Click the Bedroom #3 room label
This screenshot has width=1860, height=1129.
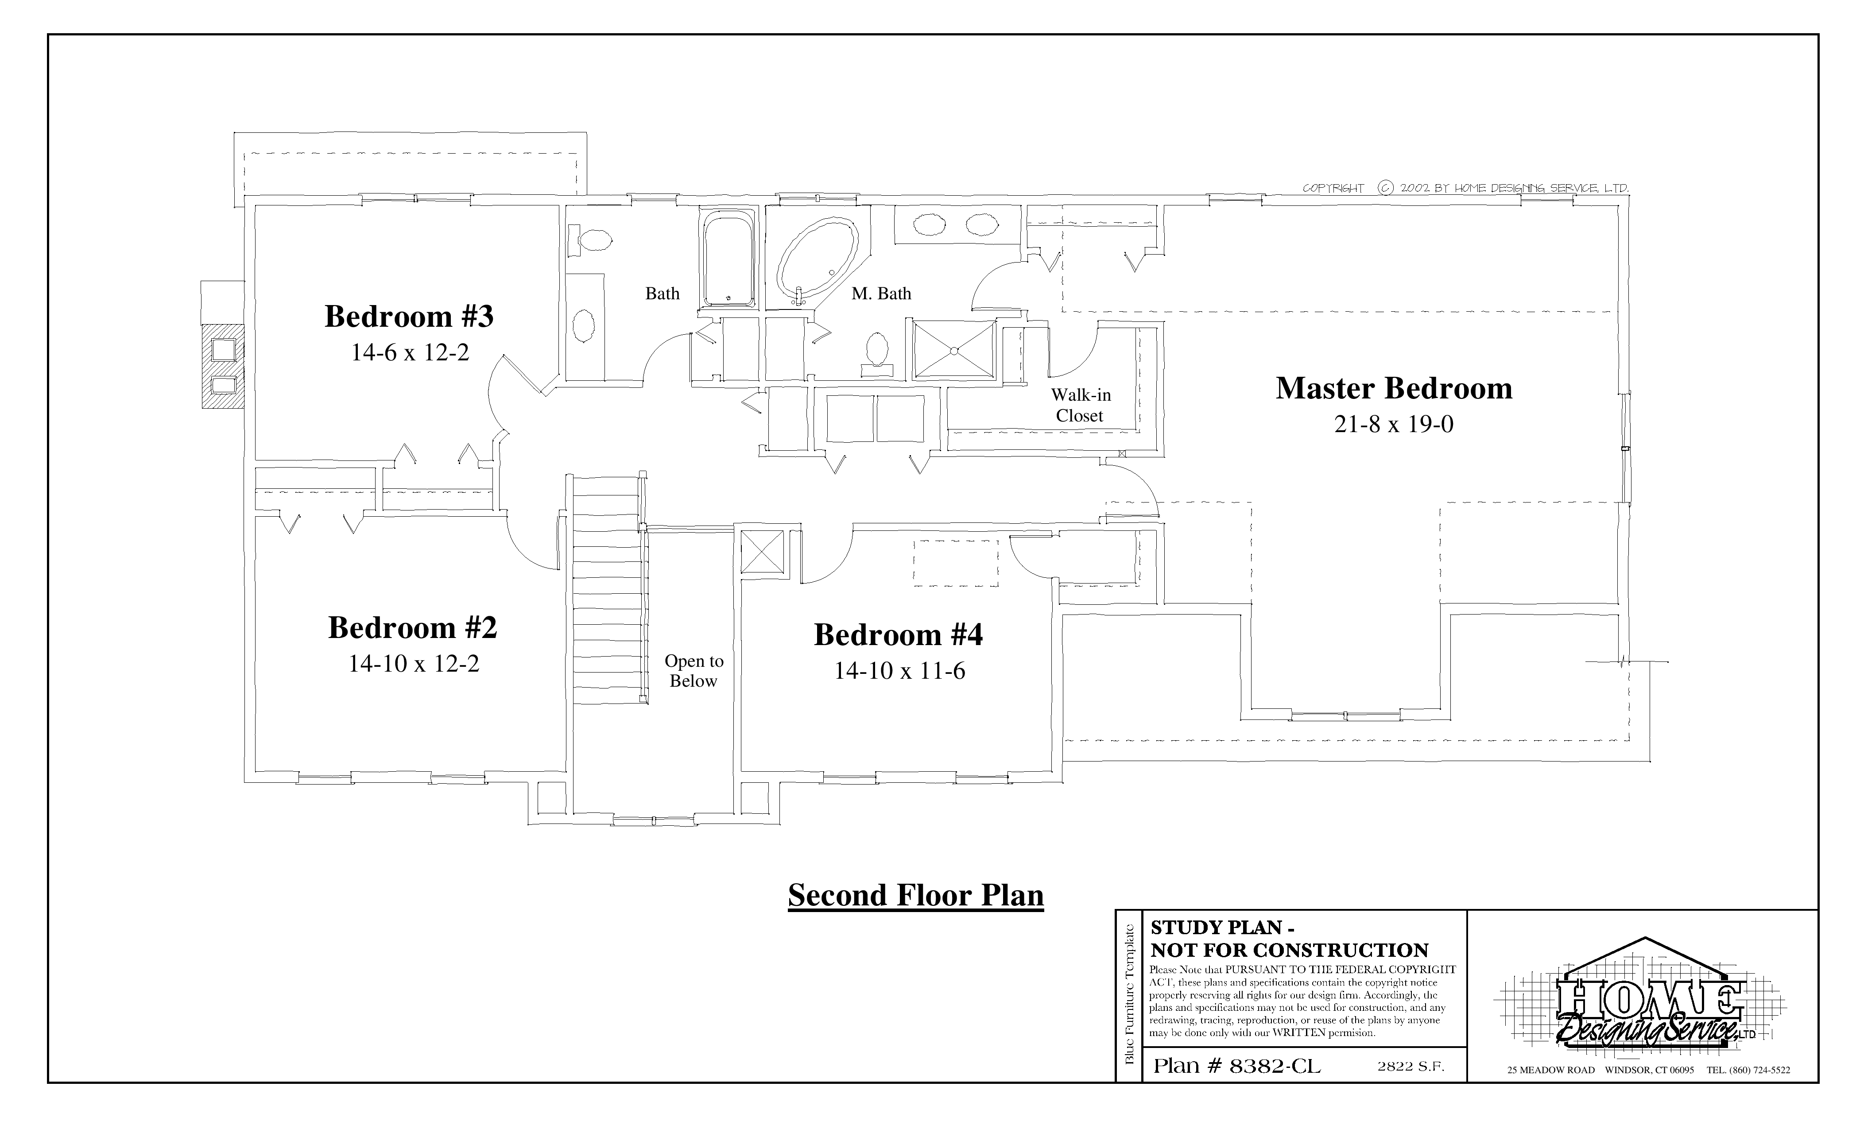[x=409, y=316]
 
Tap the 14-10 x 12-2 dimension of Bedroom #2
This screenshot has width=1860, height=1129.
[x=414, y=663]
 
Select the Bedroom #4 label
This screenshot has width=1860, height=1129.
[x=898, y=635]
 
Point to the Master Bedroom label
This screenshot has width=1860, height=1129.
[x=1394, y=388]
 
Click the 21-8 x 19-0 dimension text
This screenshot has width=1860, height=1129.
[x=1394, y=424]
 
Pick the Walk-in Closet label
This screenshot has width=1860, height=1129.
[x=1080, y=405]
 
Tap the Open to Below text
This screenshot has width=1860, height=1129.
[x=694, y=671]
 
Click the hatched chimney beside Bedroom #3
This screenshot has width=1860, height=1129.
[x=223, y=367]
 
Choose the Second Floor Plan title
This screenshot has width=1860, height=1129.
[x=916, y=895]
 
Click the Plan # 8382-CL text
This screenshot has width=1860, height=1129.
[x=1237, y=1066]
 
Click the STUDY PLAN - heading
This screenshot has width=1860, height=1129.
[x=1222, y=928]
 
